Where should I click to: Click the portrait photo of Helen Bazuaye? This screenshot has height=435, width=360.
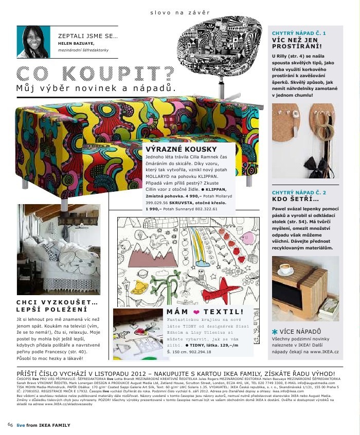(33, 42)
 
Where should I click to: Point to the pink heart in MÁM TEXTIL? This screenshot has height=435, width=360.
(195, 312)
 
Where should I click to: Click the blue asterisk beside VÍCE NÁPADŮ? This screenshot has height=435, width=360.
(275, 333)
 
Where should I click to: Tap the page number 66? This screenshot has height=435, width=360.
(10, 425)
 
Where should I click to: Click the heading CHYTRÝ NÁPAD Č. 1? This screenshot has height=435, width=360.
(298, 33)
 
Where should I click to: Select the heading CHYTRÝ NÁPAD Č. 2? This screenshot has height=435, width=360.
(298, 192)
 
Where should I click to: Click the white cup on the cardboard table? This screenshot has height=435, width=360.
(285, 269)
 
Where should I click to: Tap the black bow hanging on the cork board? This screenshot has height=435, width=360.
(314, 164)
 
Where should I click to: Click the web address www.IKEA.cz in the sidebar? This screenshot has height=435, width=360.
(323, 351)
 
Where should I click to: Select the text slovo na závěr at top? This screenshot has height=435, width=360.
(179, 12)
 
